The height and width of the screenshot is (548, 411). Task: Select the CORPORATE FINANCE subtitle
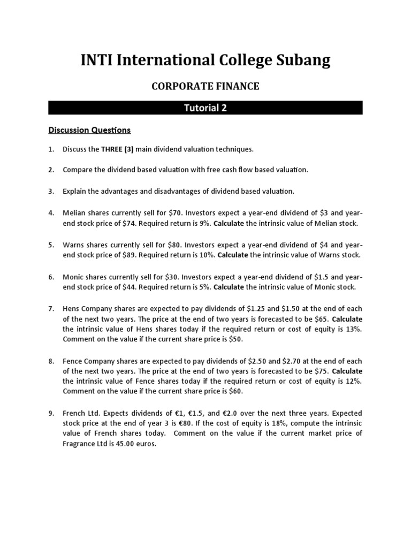tap(205, 86)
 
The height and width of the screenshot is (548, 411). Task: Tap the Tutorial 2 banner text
tap(205, 108)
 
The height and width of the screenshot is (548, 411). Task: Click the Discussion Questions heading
tap(89, 130)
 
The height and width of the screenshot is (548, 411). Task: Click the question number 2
tap(51, 170)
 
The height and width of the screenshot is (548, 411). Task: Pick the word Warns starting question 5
tap(74, 245)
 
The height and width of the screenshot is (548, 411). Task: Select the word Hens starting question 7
tap(72, 309)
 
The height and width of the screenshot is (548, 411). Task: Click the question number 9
tap(51, 414)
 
